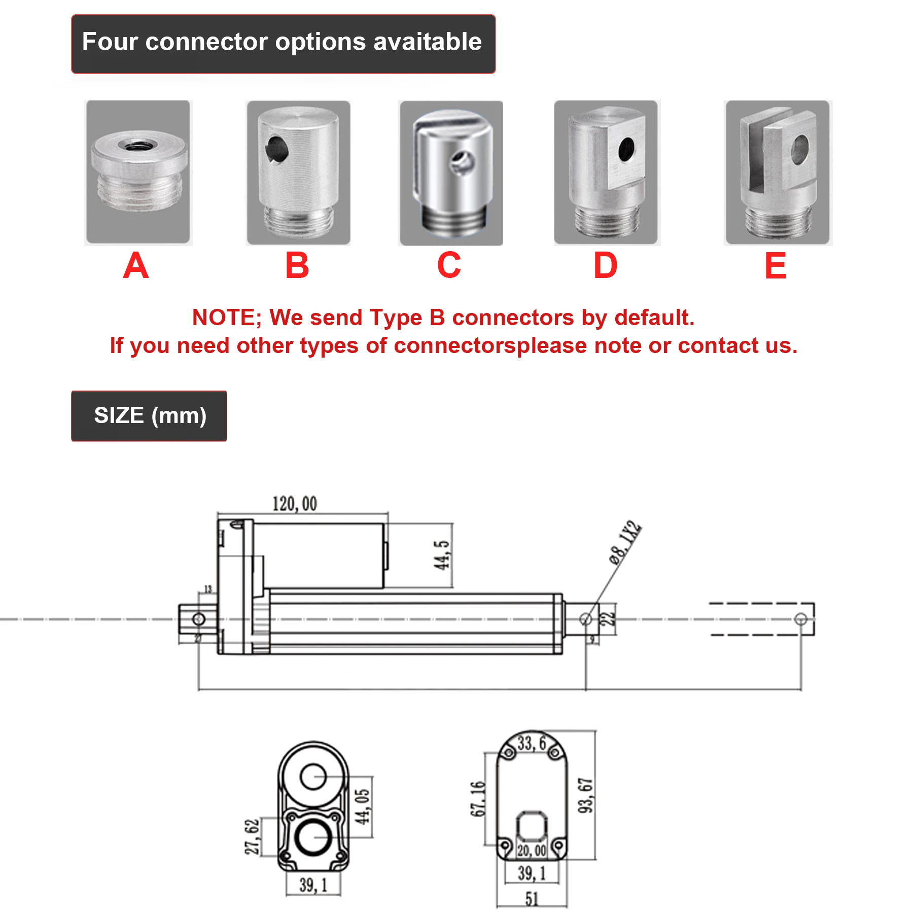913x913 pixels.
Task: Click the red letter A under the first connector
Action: tap(135, 266)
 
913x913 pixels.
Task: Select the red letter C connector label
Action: tap(449, 266)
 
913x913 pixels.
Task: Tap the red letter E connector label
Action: tap(775, 266)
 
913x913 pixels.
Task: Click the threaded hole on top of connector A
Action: tap(135, 146)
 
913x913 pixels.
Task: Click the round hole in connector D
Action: tap(627, 148)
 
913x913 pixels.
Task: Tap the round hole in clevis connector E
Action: tap(800, 149)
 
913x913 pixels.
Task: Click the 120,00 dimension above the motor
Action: tap(295, 504)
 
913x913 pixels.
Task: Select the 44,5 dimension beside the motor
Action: tap(442, 555)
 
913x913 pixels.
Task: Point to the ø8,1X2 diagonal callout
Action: tap(625, 542)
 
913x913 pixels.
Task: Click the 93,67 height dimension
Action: tap(586, 795)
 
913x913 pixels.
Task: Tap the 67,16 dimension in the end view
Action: tap(478, 799)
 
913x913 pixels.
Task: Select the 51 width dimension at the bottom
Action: tap(532, 899)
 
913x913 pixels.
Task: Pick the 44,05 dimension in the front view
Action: tap(362, 806)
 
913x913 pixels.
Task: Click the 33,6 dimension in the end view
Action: tap(532, 744)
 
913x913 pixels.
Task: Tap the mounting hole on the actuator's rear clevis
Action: tap(199, 619)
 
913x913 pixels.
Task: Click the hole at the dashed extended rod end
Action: tap(800, 619)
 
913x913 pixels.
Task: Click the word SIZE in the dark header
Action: tap(119, 415)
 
